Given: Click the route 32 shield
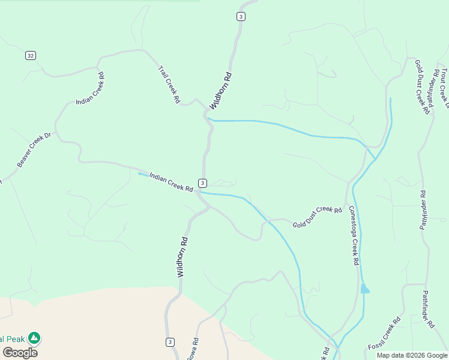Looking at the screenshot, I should tap(31, 56).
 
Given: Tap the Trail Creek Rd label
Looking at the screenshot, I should tap(169, 85).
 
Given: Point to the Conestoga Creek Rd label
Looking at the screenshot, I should tap(354, 236).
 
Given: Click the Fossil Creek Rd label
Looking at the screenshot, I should tap(385, 335).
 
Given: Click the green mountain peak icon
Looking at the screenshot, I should tap(35, 338).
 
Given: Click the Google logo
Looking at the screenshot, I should tap(20, 353).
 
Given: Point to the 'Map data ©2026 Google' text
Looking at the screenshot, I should tap(412, 355).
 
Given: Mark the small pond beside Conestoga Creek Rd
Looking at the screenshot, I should tap(364, 289).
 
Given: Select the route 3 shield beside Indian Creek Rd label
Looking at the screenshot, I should tap(203, 183).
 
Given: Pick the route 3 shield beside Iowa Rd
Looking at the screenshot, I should tap(170, 342).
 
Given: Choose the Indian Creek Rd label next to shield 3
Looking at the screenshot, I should tap(171, 182).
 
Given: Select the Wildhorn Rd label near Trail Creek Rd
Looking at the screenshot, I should tap(220, 91).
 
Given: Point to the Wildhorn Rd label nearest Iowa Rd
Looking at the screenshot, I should tap(182, 256).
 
